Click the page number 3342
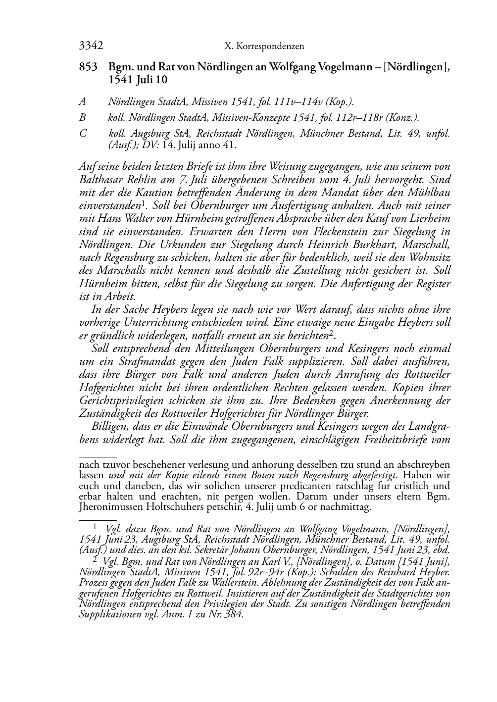point(91,46)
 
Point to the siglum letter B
point(82,117)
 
